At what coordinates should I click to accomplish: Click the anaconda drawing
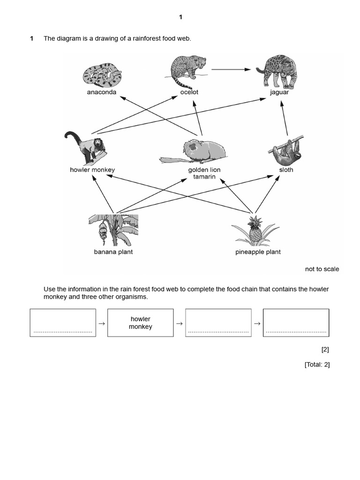pyautogui.click(x=102, y=75)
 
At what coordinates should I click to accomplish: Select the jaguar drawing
pyautogui.click(x=277, y=71)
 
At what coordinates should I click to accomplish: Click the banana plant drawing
pyautogui.click(x=113, y=230)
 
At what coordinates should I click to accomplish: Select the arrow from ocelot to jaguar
pyautogui.click(x=231, y=69)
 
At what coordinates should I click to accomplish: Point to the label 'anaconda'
pyautogui.click(x=102, y=92)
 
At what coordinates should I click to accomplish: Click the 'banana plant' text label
pyautogui.click(x=113, y=252)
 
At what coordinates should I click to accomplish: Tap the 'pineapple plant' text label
pyautogui.click(x=258, y=252)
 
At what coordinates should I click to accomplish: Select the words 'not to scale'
pyautogui.click(x=322, y=269)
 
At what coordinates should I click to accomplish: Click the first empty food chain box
pyautogui.click(x=63, y=322)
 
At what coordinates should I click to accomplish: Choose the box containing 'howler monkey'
pyautogui.click(x=141, y=322)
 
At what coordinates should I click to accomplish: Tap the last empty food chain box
pyautogui.click(x=296, y=322)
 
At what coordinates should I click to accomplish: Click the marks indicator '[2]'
pyautogui.click(x=325, y=350)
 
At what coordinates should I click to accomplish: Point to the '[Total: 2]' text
pyautogui.click(x=317, y=365)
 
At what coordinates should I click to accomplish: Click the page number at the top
pyautogui.click(x=180, y=17)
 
